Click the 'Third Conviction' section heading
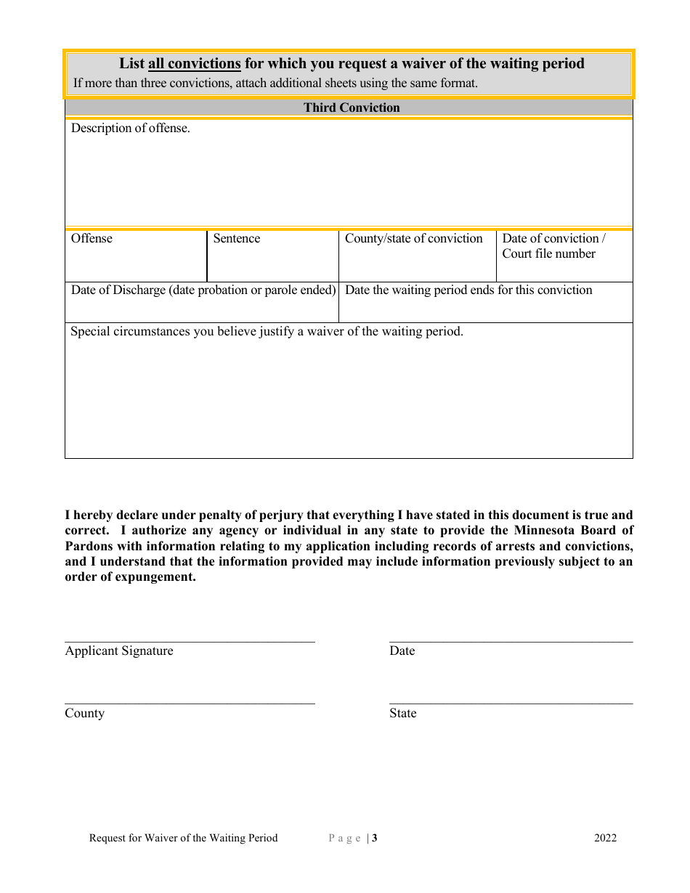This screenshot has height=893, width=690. pyautogui.click(x=352, y=107)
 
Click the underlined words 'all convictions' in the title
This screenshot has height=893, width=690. pyautogui.click(x=194, y=64)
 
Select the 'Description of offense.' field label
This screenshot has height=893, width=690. pyautogui.click(x=131, y=129)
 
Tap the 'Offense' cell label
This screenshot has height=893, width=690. pyautogui.click(x=92, y=239)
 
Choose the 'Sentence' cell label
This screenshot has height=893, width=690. pyautogui.click(x=236, y=239)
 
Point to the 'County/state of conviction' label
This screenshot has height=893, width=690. pyautogui.click(x=413, y=239)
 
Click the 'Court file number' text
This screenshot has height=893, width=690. pyautogui.click(x=548, y=254)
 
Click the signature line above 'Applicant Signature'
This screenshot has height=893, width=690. pyautogui.click(x=190, y=641)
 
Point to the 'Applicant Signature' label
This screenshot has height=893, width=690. pyautogui.click(x=119, y=651)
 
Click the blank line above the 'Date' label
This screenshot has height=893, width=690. pyautogui.click(x=511, y=641)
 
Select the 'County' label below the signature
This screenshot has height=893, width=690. pyautogui.click(x=84, y=714)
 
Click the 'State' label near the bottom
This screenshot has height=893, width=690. pyautogui.click(x=402, y=714)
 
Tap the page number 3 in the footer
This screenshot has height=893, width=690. pyautogui.click(x=375, y=839)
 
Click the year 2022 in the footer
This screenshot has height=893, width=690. pyautogui.click(x=605, y=839)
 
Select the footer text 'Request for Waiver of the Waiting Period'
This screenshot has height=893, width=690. pyautogui.click(x=183, y=839)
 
